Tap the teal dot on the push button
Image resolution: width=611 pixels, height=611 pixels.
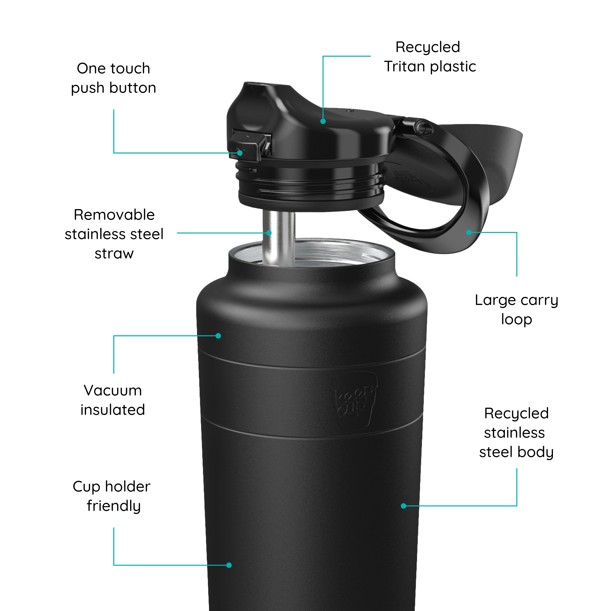[x=240, y=153]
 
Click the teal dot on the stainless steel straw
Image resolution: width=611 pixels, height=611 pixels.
[x=269, y=233]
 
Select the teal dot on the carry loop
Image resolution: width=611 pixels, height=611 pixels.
[x=469, y=232]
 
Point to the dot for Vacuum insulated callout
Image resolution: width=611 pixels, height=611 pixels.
[x=218, y=336]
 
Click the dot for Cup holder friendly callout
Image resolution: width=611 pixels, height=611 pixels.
[x=229, y=565]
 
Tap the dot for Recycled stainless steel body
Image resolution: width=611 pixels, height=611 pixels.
[x=404, y=506]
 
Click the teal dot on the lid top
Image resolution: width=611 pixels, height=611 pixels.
[x=323, y=121]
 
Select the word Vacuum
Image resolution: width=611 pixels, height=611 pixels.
[x=113, y=391]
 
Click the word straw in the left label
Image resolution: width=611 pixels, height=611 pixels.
[x=114, y=254]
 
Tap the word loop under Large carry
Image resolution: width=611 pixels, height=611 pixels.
[x=517, y=320]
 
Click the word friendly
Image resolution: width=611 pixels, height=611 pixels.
[x=114, y=506]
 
